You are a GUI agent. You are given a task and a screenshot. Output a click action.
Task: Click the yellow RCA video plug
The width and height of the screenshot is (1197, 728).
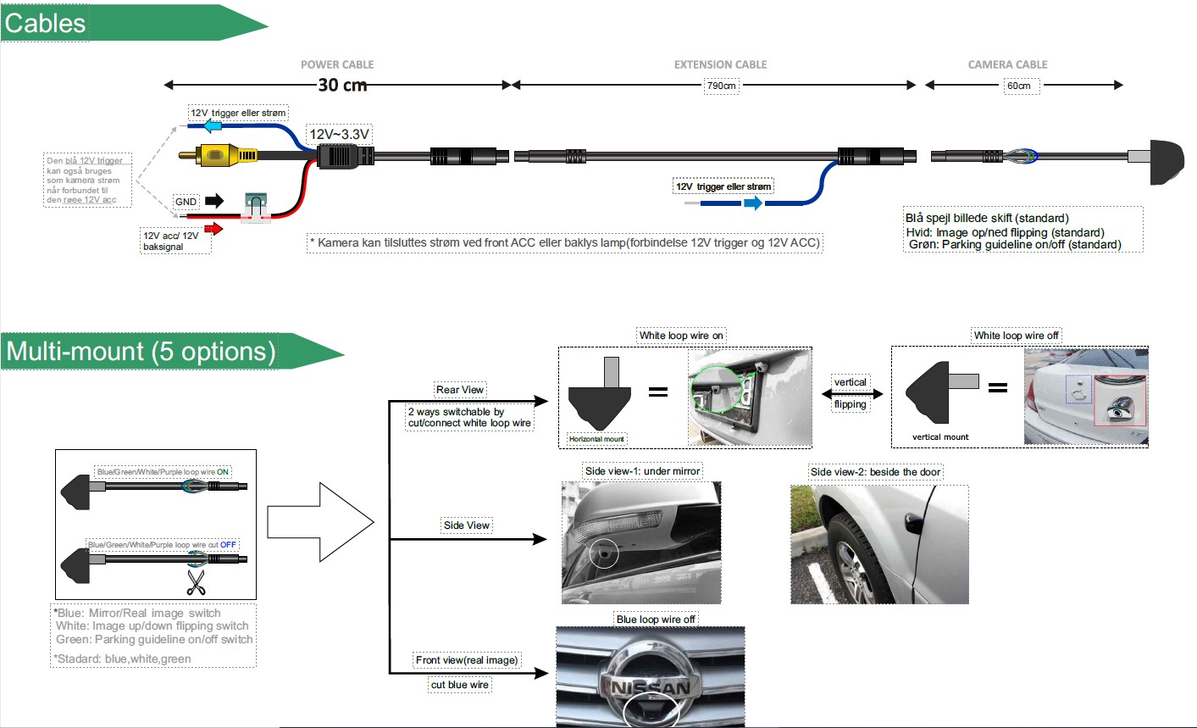point(219,155)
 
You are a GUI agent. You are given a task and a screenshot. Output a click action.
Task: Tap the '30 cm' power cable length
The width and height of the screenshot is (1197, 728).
point(342,85)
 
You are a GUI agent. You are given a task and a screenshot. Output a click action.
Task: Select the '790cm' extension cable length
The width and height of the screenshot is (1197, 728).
point(722,86)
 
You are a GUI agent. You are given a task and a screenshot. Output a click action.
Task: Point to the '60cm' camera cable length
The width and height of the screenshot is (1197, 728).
point(1018,86)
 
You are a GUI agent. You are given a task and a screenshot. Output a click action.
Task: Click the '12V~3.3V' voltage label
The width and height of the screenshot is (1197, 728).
point(339,134)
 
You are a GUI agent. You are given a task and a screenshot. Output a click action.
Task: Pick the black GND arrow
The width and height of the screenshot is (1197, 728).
point(214,201)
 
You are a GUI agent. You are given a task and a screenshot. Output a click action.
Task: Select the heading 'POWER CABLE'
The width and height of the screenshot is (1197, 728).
point(337,64)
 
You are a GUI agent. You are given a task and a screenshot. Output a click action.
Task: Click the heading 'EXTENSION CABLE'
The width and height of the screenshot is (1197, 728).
point(720,64)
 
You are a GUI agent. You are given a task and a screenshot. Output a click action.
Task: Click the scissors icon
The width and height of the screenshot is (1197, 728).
point(197,582)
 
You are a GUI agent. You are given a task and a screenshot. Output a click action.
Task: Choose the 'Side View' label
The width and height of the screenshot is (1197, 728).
point(467,525)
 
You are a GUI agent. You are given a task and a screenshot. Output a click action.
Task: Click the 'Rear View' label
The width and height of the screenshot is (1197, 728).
point(460,390)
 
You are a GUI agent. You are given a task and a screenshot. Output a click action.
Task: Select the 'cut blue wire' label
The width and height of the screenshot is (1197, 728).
point(460,685)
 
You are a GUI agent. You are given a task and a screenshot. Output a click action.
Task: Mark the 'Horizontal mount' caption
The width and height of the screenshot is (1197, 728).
point(596,439)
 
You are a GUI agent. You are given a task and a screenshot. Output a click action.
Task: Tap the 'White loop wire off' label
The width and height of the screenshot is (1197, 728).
point(1016,336)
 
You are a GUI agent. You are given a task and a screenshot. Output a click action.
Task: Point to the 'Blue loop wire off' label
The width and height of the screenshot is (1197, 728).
point(656,620)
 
